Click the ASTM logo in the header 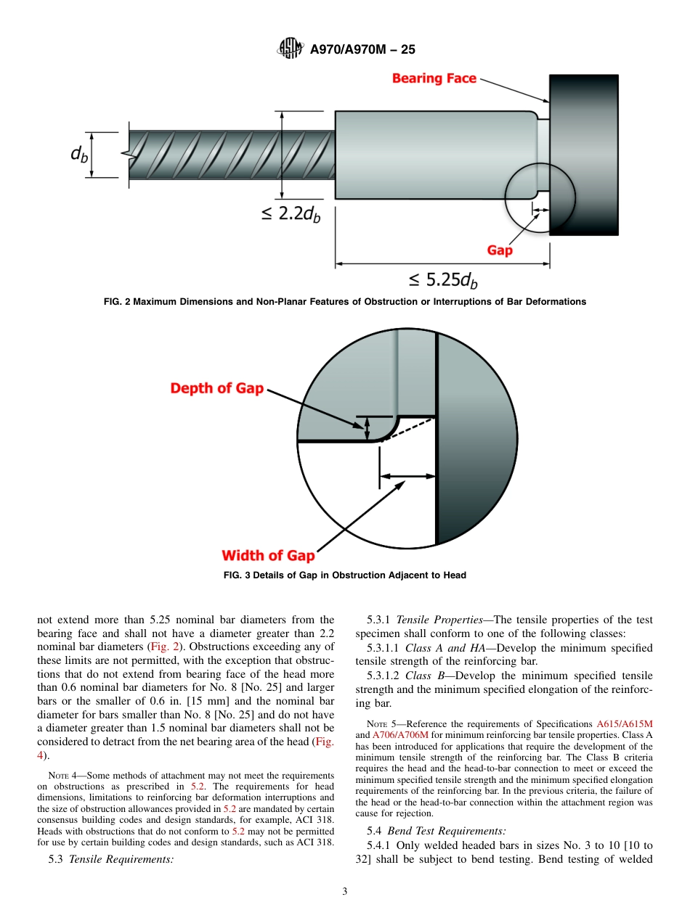[x=289, y=49]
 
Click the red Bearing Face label [x=434, y=78]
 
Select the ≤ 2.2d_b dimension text [x=291, y=214]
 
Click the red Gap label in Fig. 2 [x=500, y=250]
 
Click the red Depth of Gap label [x=216, y=388]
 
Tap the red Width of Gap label [x=268, y=556]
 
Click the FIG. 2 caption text [x=344, y=301]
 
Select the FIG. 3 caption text [x=344, y=575]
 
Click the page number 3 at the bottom [x=345, y=892]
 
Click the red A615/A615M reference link [x=624, y=724]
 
